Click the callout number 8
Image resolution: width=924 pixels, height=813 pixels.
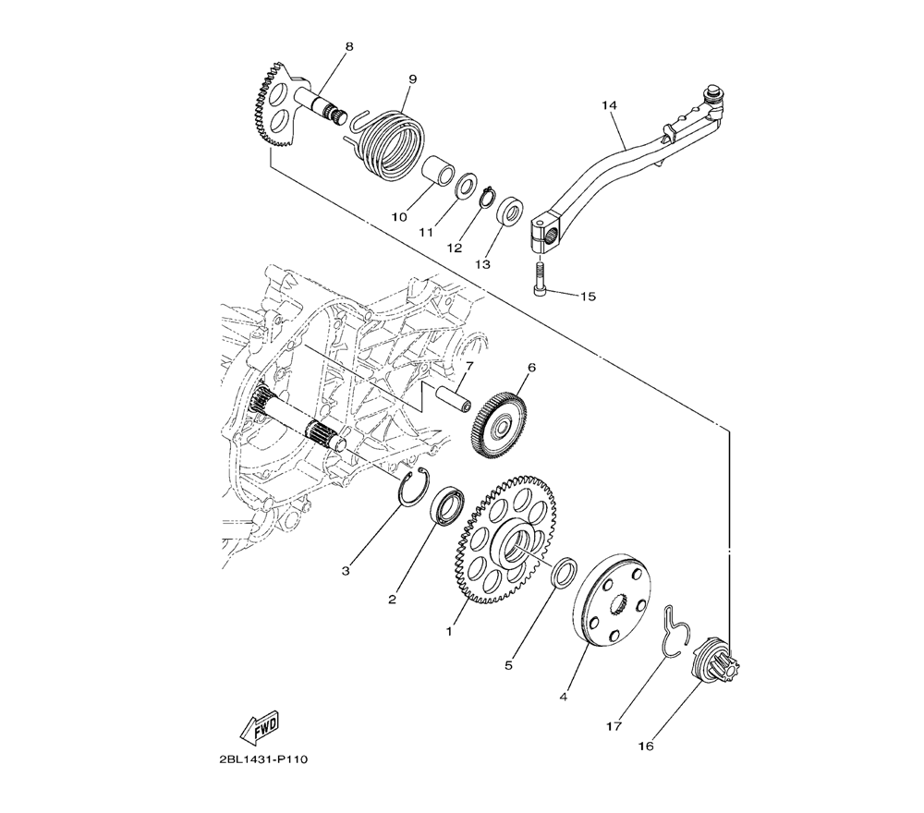(x=349, y=46)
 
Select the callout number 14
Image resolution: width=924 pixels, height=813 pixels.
(x=609, y=105)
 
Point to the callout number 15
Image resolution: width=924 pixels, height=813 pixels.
(x=588, y=297)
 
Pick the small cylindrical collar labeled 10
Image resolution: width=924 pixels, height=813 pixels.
(x=437, y=170)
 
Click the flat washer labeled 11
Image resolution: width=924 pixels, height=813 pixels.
(x=467, y=185)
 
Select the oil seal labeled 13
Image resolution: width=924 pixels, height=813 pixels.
(x=510, y=212)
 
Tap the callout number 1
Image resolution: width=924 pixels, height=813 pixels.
(x=449, y=632)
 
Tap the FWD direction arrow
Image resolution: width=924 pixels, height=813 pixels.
(x=260, y=727)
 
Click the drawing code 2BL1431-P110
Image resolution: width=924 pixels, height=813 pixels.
(x=262, y=759)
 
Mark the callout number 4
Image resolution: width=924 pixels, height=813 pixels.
(x=564, y=698)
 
